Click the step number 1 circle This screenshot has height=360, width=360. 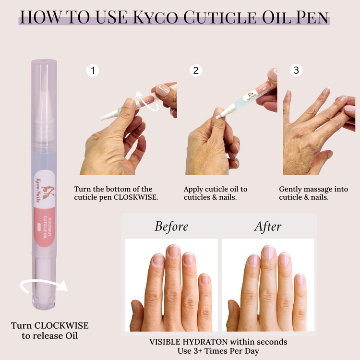click(x=93, y=71)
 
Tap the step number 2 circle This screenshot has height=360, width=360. click(x=196, y=70)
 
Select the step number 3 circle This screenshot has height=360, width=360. click(x=296, y=70)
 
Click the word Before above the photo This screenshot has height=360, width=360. click(x=171, y=227)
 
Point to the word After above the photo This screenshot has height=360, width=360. click(x=268, y=227)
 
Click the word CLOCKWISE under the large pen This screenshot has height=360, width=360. click(x=61, y=325)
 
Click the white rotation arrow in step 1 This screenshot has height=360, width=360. click(x=147, y=101)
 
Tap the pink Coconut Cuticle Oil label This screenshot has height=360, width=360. click(x=44, y=227)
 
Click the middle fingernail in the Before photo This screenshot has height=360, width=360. click(x=173, y=252)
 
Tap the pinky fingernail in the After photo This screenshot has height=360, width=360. click(x=300, y=280)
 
